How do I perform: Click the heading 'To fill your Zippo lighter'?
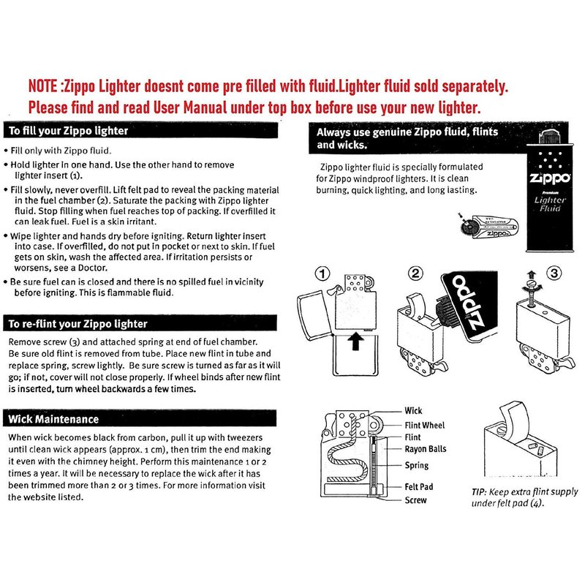(x=68, y=131)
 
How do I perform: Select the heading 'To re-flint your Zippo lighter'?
(x=78, y=323)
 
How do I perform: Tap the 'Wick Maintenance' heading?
(x=53, y=419)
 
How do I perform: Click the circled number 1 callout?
(x=322, y=273)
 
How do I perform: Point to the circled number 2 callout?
(x=415, y=273)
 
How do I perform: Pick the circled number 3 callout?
(x=554, y=273)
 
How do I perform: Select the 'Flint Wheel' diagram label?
(x=425, y=425)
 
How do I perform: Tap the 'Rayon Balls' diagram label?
(x=426, y=449)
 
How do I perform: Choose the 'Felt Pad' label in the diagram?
(x=418, y=486)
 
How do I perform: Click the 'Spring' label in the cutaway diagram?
(x=416, y=465)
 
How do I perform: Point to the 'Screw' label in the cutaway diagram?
(x=415, y=500)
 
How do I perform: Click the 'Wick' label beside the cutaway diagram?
(x=413, y=410)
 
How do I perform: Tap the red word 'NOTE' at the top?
(x=43, y=86)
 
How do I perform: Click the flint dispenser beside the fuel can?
(x=489, y=226)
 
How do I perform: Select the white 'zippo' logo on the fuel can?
(x=550, y=178)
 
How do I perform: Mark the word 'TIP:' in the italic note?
(x=478, y=492)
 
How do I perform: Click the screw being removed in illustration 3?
(x=532, y=293)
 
